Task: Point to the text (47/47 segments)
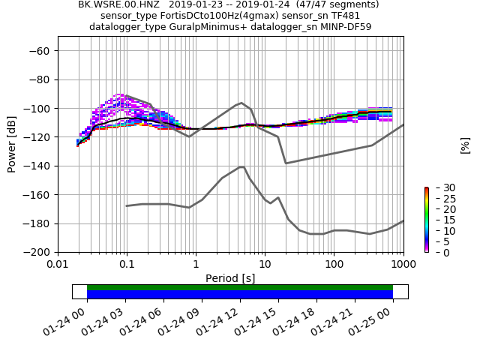[x=338, y=4]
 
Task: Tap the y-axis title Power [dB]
[x=12, y=143]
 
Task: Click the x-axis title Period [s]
[x=230, y=278]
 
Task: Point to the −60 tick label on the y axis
[x=39, y=51]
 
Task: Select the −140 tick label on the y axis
[x=36, y=166]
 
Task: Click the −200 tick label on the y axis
[x=36, y=253]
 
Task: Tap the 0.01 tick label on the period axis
[x=58, y=264]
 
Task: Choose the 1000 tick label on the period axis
[x=403, y=264]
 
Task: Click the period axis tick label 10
[x=265, y=264]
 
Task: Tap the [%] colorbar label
[x=465, y=145]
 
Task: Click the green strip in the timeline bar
[x=240, y=287]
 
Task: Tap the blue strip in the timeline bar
[x=240, y=295]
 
